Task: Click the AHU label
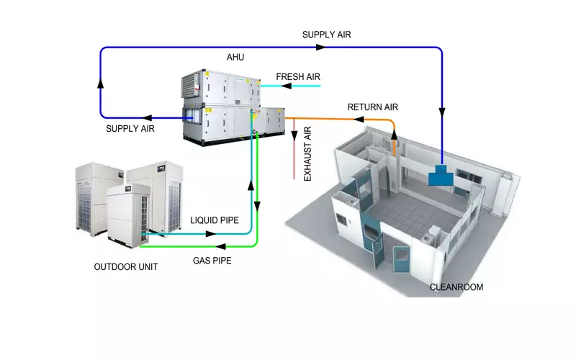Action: pos(235,58)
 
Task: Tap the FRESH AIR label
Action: pos(298,77)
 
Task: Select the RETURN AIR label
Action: pos(372,107)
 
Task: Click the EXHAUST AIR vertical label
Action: pos(307,153)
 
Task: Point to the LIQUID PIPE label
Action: pos(215,220)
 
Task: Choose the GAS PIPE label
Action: pos(212,261)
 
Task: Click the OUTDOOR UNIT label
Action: pos(125,266)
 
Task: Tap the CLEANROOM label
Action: pos(456,287)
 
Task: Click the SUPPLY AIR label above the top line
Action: pos(327,35)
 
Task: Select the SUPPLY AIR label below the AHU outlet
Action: pos(130,129)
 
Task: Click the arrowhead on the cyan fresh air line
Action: pos(286,86)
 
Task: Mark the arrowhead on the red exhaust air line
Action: pos(294,136)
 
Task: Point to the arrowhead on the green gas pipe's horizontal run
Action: pos(220,246)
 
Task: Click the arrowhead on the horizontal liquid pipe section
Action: pos(211,233)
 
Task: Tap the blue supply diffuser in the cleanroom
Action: pos(441,176)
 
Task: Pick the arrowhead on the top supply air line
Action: pos(320,47)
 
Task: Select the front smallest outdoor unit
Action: pos(128,216)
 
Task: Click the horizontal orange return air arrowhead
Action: pos(359,120)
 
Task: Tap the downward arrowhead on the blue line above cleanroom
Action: pos(442,112)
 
